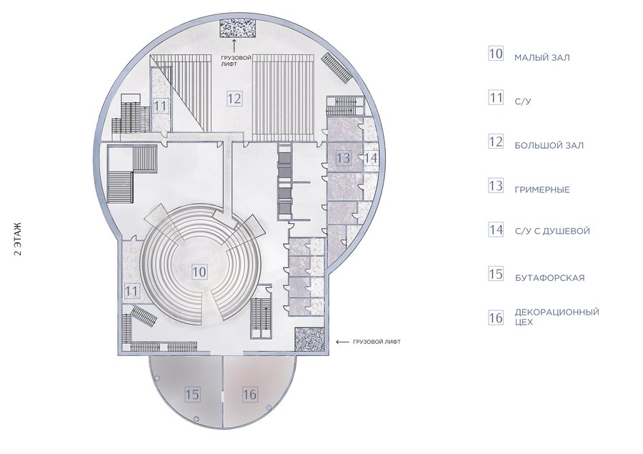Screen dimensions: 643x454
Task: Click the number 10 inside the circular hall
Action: pos(199,272)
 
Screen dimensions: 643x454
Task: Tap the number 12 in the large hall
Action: pos(234,99)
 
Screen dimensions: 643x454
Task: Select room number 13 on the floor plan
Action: pos(343,157)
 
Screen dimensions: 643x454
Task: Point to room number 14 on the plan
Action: pos(371,157)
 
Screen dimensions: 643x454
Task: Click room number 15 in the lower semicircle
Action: pos(191,395)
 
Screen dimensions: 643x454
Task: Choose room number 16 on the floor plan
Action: pos(249,395)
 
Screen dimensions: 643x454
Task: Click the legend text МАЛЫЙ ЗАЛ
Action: pos(542,57)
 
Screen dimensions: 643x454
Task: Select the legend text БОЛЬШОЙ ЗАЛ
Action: pos(549,145)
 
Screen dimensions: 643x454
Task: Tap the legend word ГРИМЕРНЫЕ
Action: pos(542,190)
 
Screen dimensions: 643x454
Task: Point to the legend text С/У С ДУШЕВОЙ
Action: pos(552,231)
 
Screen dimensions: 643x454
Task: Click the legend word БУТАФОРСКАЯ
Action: pos(549,278)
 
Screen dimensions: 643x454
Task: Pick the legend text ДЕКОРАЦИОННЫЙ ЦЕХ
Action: pos(557,317)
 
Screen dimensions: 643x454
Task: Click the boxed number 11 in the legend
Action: pos(496,98)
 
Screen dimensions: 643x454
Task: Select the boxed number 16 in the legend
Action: pos(496,317)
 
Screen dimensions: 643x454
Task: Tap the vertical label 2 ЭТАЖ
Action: pos(17,239)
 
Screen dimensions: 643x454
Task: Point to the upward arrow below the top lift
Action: pos(234,46)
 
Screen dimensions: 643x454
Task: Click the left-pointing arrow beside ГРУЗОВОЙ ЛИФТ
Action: pos(343,342)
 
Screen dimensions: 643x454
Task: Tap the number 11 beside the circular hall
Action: pos(131,291)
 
